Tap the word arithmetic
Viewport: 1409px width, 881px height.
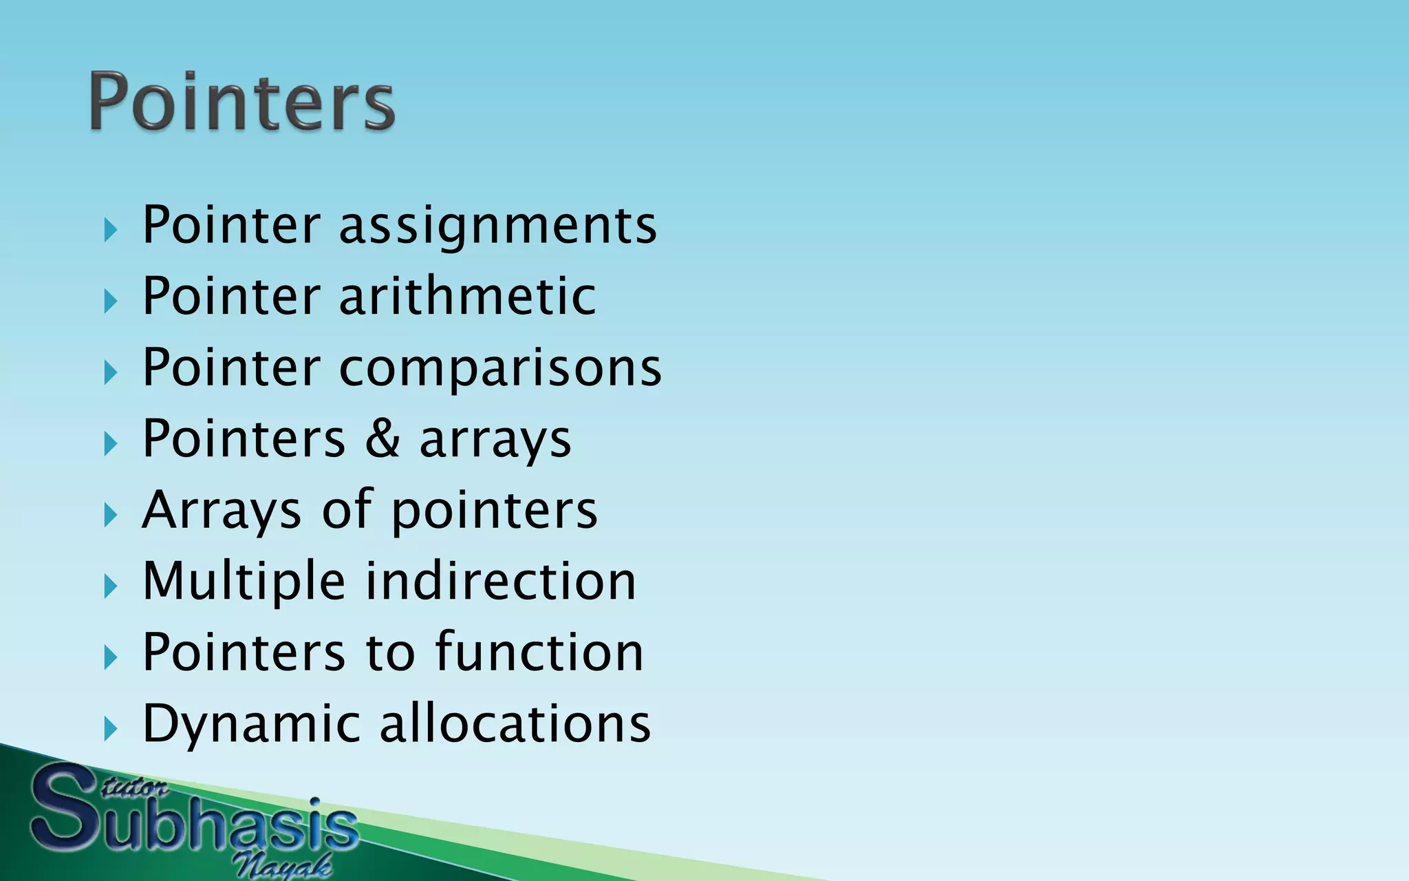(x=467, y=297)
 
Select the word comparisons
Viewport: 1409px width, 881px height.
(x=500, y=368)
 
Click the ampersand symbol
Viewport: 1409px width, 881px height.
(x=383, y=438)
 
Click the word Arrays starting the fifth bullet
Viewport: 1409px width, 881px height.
(x=222, y=511)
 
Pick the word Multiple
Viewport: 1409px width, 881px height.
(x=244, y=582)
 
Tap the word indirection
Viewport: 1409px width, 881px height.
(x=501, y=582)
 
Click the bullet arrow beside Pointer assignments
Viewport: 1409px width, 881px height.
(x=111, y=230)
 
